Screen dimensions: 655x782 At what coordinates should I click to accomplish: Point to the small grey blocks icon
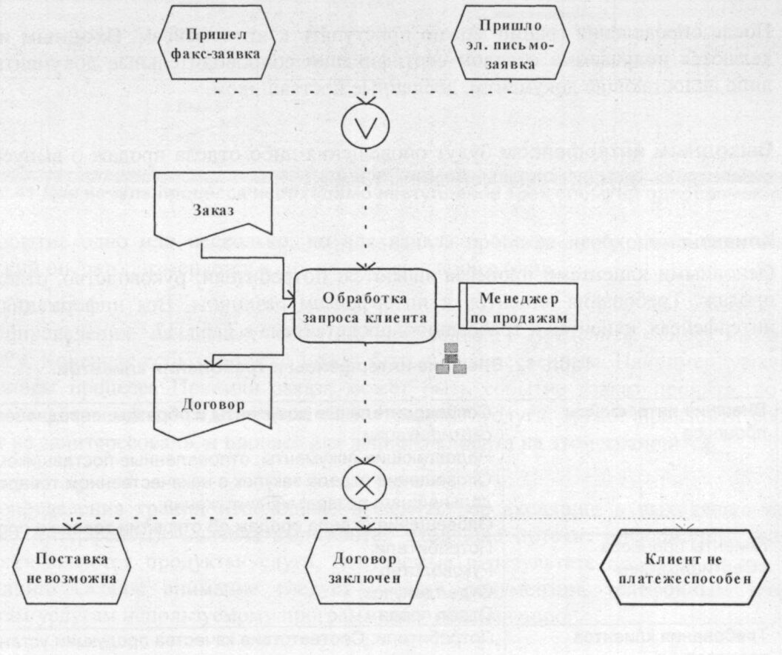pos(451,359)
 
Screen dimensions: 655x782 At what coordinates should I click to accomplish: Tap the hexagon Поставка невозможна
pos(75,567)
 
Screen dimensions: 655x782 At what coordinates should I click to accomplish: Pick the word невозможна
pos(75,576)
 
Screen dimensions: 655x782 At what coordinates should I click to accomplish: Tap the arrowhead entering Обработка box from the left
pos(290,300)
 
